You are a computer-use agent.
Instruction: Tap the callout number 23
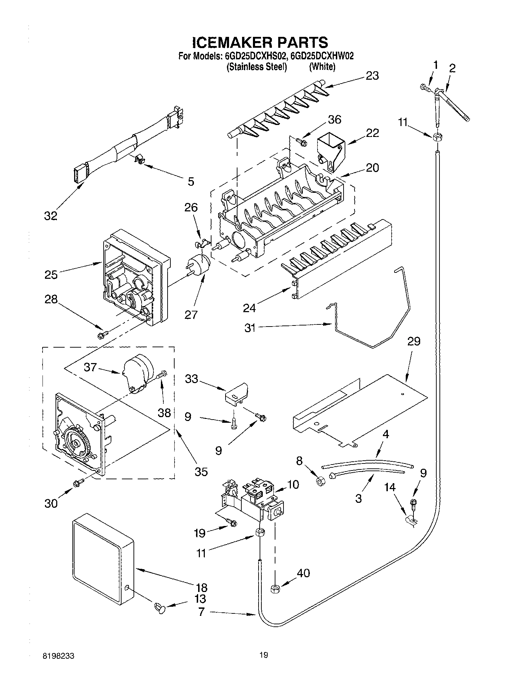372,75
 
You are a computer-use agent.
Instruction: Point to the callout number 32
51,216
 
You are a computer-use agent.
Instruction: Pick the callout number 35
201,472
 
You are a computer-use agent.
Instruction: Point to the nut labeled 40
275,589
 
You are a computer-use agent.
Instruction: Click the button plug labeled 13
159,606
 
